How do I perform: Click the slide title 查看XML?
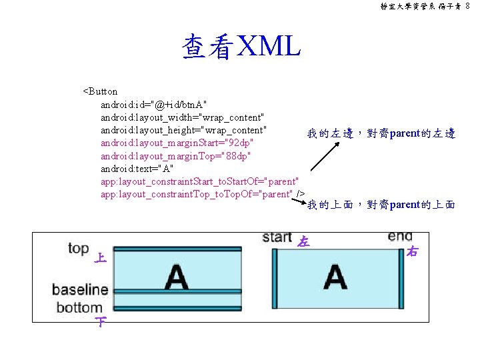(241, 47)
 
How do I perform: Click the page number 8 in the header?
(468, 6)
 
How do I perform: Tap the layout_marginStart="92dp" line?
(177, 143)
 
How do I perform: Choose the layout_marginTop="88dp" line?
(175, 155)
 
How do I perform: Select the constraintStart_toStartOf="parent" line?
(199, 181)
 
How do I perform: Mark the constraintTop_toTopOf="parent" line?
(197, 194)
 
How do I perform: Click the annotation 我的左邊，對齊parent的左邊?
(381, 134)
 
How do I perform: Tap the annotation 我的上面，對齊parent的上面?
(381, 205)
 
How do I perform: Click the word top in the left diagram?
(78, 249)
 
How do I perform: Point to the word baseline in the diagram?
(80, 290)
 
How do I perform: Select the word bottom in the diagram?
(79, 307)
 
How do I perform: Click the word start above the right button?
(277, 237)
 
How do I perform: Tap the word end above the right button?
(399, 237)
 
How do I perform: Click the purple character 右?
(412, 251)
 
